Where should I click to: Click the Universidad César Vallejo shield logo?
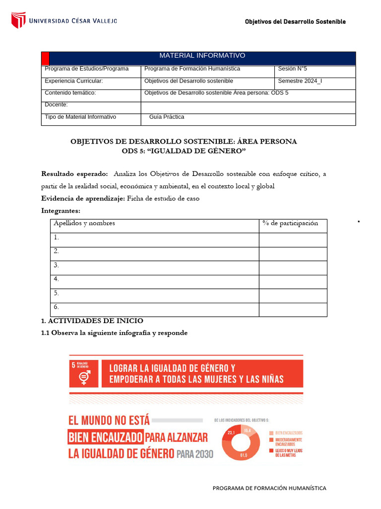(18, 20)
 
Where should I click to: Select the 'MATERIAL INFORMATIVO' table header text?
(202, 56)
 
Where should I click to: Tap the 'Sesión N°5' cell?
(293, 69)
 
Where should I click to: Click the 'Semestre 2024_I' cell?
(300, 81)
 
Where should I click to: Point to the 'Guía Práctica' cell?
(167, 117)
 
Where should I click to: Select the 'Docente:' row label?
(56, 105)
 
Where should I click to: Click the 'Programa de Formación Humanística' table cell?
(192, 69)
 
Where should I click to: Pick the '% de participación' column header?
(290, 223)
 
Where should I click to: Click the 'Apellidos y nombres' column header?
(84, 223)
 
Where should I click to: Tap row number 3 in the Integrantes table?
(57, 265)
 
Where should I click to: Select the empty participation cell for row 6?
(293, 309)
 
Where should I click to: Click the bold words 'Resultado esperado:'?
(74, 174)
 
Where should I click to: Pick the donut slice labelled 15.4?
(247, 430)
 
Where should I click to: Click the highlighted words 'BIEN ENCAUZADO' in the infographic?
(105, 437)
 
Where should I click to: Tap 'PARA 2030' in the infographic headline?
(194, 454)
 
